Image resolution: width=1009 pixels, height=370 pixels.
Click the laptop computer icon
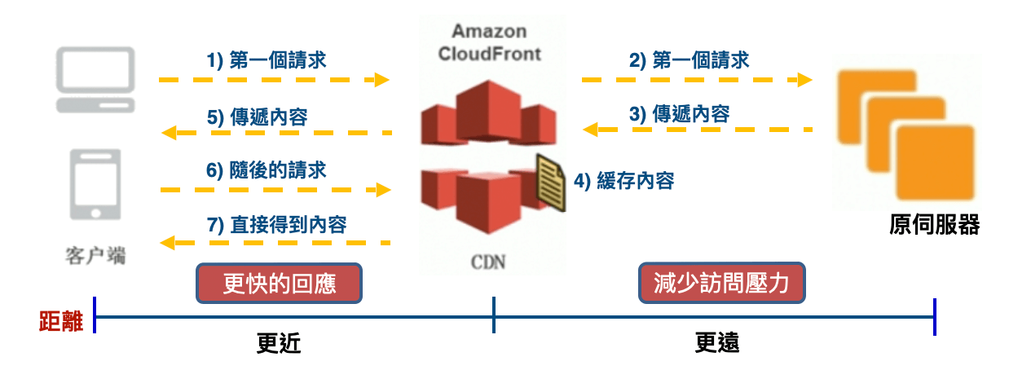click(95, 80)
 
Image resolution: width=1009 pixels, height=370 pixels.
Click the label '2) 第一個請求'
click(690, 60)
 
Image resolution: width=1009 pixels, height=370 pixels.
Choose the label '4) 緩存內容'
click(624, 181)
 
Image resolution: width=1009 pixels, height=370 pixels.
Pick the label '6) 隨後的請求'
click(267, 170)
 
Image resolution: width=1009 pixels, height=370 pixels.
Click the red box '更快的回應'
click(279, 283)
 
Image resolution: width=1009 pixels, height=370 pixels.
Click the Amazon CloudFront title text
click(490, 43)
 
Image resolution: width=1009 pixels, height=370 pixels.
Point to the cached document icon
click(550, 181)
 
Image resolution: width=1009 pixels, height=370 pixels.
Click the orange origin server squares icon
click(905, 134)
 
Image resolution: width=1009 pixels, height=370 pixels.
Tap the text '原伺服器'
click(934, 226)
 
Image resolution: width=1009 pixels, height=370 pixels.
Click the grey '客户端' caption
click(95, 255)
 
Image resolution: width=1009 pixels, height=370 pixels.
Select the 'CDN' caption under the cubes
click(488, 262)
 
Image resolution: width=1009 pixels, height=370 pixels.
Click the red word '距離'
click(62, 322)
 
